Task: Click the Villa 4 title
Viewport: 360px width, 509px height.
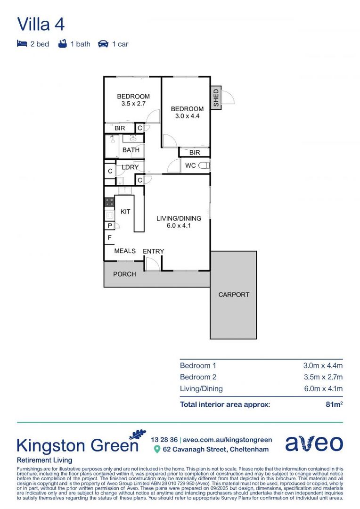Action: coord(41,24)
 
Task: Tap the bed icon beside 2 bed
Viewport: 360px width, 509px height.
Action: coord(22,44)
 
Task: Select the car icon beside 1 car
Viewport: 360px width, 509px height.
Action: coord(103,44)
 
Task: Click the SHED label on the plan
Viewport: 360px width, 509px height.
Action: coord(216,98)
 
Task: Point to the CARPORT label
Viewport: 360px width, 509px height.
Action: coord(234,295)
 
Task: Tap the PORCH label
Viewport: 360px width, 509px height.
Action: coord(124,274)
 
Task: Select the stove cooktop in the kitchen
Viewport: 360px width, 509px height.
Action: coord(109,202)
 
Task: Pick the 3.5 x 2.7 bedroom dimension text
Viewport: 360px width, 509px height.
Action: coord(133,104)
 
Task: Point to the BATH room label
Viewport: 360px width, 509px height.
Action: coord(131,150)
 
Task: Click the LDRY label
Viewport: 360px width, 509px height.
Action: coord(130,167)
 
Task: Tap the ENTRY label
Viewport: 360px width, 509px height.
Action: coord(153,251)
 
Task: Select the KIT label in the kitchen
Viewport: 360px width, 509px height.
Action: coord(125,212)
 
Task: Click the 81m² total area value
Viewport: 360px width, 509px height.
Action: coord(334,404)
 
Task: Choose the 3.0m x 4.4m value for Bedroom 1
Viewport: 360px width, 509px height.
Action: coord(322,365)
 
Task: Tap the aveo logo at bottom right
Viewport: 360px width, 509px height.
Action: coord(314,443)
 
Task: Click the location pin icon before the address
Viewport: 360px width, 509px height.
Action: coord(157,450)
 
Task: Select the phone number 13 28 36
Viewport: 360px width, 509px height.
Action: coord(164,439)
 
